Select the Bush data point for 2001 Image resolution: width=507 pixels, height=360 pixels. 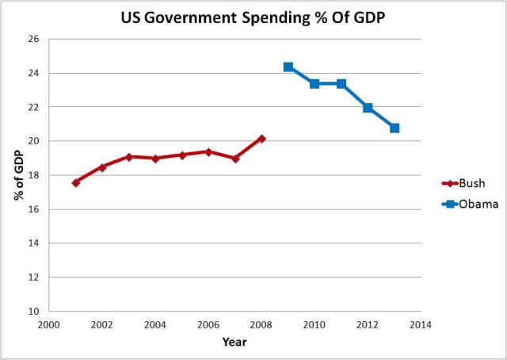pyautogui.click(x=76, y=182)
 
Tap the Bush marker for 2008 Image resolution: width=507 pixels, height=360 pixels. pyautogui.click(x=261, y=139)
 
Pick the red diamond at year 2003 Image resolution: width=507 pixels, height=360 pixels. pyautogui.click(x=129, y=157)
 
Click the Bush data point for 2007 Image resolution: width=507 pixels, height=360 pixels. pyautogui.click(x=235, y=159)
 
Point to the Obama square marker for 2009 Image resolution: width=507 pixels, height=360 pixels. pyautogui.click(x=288, y=67)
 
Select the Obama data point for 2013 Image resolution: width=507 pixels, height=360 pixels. pyautogui.click(x=395, y=128)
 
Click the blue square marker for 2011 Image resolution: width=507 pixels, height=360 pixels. pyautogui.click(x=341, y=83)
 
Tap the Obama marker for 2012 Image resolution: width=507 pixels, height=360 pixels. pyautogui.click(x=368, y=108)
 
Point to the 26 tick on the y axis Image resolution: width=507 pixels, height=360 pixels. pyautogui.click(x=35, y=39)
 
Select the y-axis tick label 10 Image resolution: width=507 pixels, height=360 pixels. pyautogui.click(x=35, y=312)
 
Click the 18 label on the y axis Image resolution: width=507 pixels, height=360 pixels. pyautogui.click(x=35, y=175)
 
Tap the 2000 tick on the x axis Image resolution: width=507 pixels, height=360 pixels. pyautogui.click(x=49, y=325)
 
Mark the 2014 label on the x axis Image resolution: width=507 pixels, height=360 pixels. pyautogui.click(x=421, y=325)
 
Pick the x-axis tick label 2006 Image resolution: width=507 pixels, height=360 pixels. pyautogui.click(x=208, y=325)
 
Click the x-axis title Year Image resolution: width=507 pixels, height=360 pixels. pyautogui.click(x=234, y=343)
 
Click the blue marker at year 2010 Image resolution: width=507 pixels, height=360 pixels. pyautogui.click(x=314, y=83)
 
